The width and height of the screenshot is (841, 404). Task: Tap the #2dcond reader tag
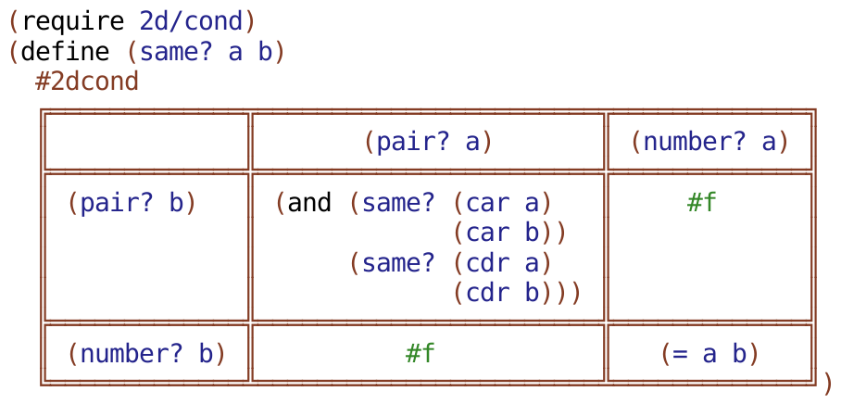point(87,82)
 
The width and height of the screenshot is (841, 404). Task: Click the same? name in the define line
point(177,50)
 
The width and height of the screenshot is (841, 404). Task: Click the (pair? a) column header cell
point(427,142)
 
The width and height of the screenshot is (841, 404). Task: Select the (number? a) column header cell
point(709,142)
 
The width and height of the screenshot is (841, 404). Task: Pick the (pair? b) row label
point(132,203)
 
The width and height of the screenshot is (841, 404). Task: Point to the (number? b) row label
point(146,353)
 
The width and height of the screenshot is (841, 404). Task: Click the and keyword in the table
point(309,203)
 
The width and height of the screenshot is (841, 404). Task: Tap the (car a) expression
point(503,203)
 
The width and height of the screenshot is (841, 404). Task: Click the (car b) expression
point(503,233)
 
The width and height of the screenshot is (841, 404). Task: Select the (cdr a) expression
point(503,263)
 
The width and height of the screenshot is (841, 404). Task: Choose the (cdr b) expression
point(503,293)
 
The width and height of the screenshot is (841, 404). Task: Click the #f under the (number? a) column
point(702,203)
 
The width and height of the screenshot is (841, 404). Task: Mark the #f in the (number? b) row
point(420,353)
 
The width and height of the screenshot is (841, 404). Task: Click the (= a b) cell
point(709,353)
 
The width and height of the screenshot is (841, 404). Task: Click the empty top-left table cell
point(146,142)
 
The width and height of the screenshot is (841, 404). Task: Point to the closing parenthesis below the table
point(827,382)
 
